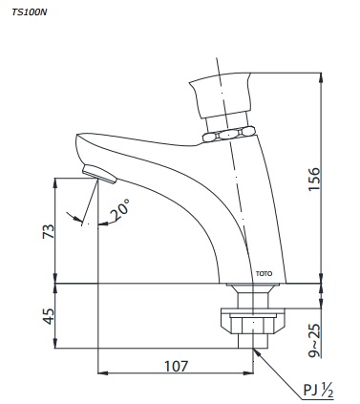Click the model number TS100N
30,12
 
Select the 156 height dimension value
314,179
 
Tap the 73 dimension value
49,231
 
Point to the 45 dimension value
49,316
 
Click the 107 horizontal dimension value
177,366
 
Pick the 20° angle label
120,209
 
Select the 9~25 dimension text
314,340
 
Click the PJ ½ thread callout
318,391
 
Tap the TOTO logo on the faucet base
264,273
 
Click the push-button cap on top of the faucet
220,95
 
